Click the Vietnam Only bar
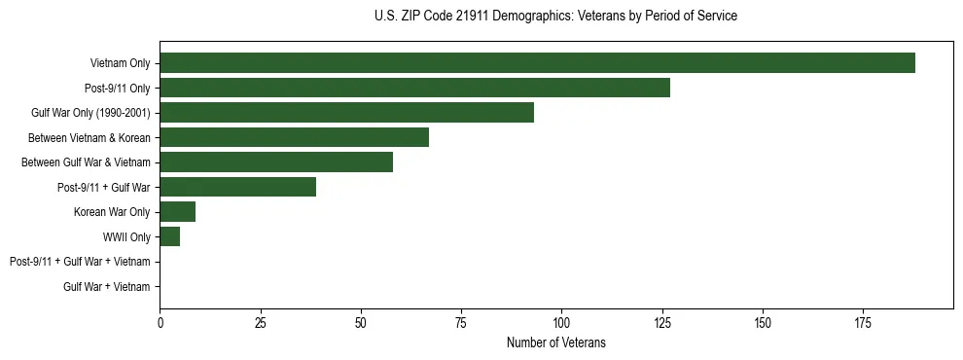[537, 62]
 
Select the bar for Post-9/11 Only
[414, 88]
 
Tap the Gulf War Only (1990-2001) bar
[346, 112]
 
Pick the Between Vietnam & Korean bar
[294, 137]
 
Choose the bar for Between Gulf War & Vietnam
[276, 162]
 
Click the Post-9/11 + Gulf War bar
[237, 187]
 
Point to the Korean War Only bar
[177, 211]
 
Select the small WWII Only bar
[169, 236]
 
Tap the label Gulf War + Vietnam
[107, 286]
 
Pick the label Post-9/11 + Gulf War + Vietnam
[80, 262]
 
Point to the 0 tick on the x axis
[160, 322]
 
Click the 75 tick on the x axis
[461, 322]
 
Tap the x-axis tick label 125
[662, 322]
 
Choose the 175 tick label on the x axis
[863, 322]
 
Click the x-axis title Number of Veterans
[555, 342]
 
